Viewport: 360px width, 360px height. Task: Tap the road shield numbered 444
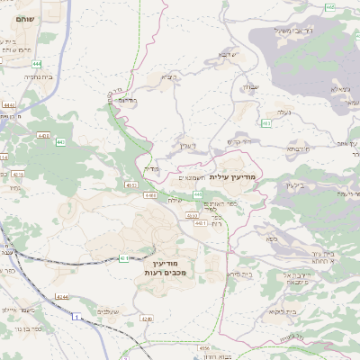point(34,65)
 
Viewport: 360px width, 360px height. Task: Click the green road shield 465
point(330,6)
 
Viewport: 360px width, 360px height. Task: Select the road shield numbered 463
point(266,122)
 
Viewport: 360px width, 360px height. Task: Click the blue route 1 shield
point(77,317)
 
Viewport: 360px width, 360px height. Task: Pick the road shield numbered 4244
point(61,297)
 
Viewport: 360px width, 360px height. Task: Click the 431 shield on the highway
point(124,258)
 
